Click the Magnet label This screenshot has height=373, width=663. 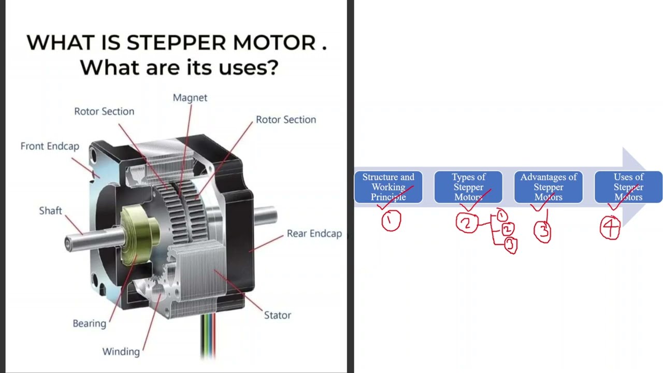(x=190, y=98)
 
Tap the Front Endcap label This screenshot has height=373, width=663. (x=50, y=146)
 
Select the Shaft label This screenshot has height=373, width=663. (x=51, y=211)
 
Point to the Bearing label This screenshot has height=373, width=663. (x=90, y=324)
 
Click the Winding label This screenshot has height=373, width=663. (x=121, y=352)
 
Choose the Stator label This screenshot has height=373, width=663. (x=277, y=315)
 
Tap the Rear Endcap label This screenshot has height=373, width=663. (x=314, y=234)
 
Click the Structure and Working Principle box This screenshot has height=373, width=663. (x=388, y=187)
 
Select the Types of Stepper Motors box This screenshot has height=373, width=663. (x=468, y=187)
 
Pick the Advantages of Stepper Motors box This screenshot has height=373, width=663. (x=549, y=187)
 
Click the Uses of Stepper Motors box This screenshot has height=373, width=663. (x=628, y=187)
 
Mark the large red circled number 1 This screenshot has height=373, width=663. (x=391, y=221)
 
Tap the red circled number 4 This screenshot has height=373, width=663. (x=610, y=227)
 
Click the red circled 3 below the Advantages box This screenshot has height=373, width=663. (x=542, y=232)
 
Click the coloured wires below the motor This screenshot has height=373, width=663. (x=208, y=336)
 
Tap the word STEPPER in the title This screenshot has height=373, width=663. (x=176, y=42)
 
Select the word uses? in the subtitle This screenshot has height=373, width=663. (x=248, y=68)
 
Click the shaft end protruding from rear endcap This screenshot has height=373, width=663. (x=266, y=216)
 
